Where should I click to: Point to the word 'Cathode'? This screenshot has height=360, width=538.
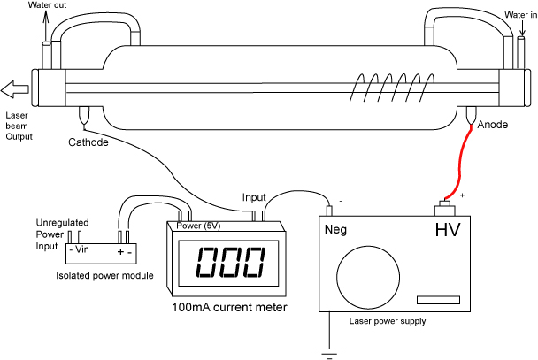(x=88, y=142)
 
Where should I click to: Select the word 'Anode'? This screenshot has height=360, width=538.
(x=492, y=125)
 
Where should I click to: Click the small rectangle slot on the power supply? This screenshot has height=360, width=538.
(x=440, y=301)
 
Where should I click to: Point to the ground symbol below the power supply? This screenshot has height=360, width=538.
(x=329, y=352)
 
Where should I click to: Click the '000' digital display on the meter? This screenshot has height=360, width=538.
(x=228, y=263)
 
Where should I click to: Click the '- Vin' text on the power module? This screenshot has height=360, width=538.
(x=81, y=249)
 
